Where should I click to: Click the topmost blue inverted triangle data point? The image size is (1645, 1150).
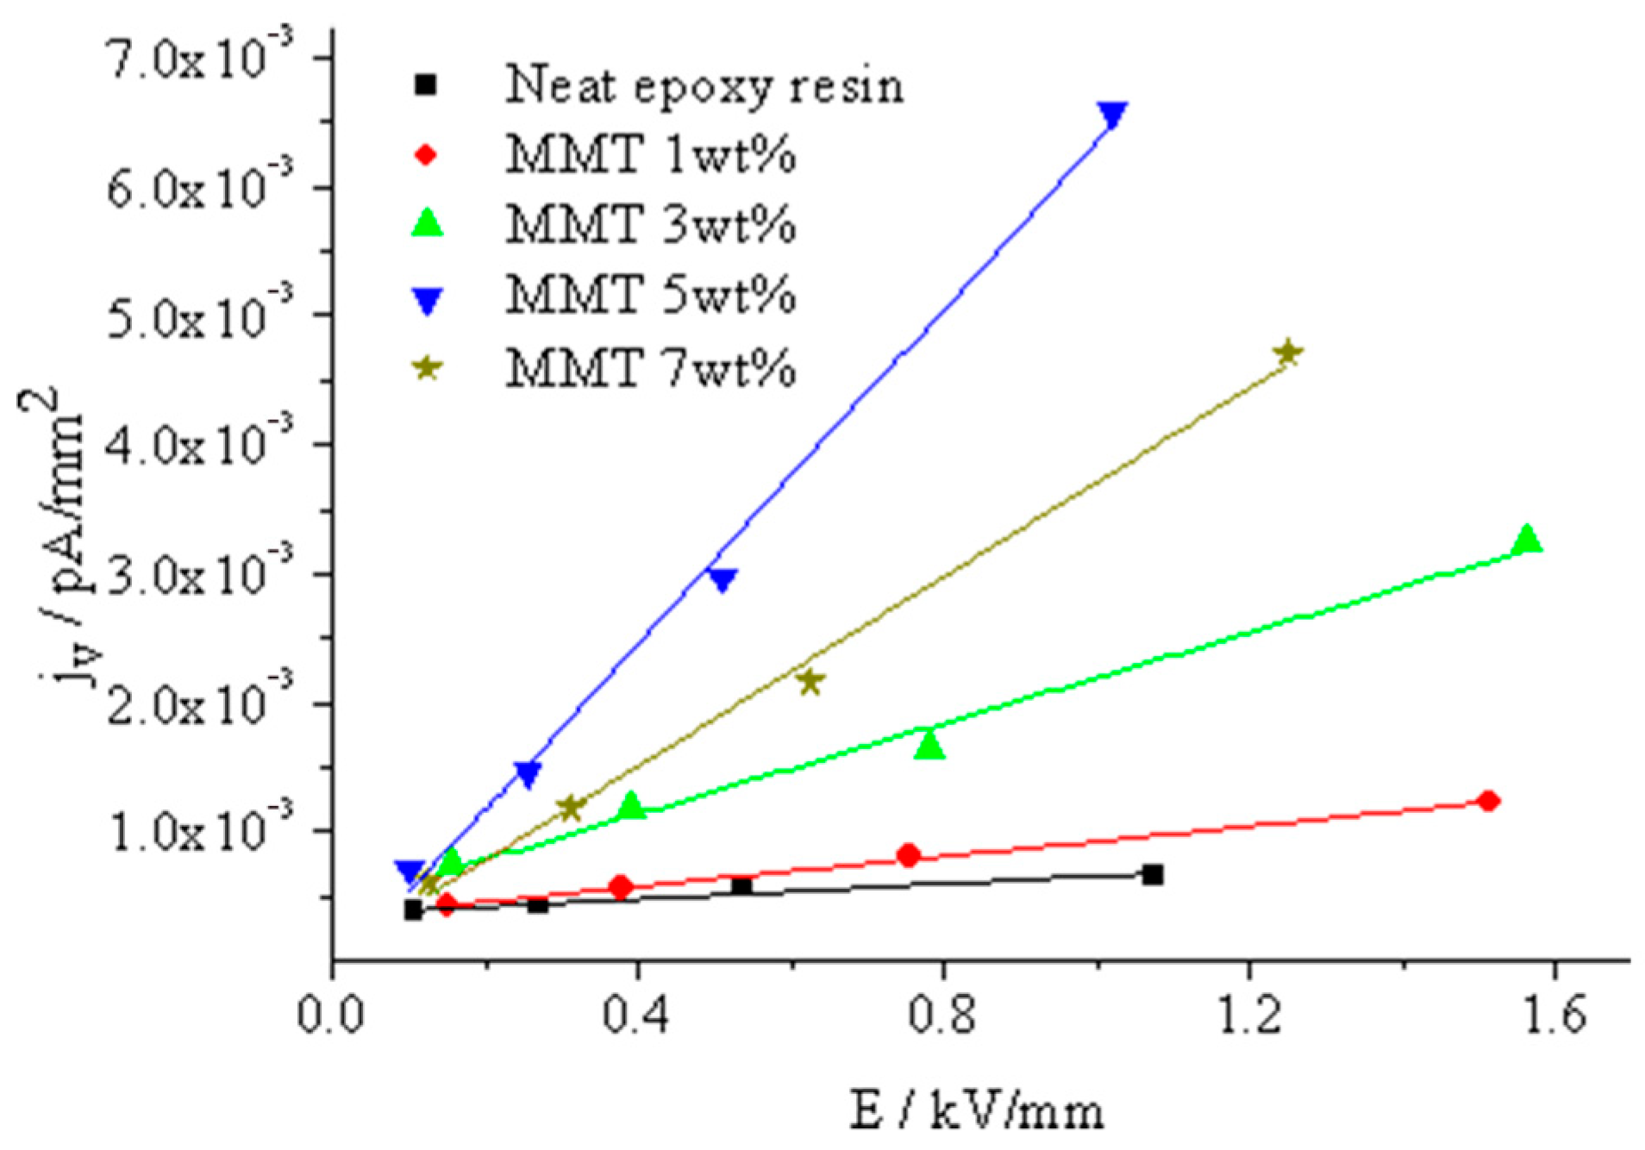click(1113, 114)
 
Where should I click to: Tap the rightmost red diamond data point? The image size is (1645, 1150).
click(1488, 801)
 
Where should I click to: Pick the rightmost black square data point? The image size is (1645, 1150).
click(1153, 875)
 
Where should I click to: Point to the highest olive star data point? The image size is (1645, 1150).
click(1287, 353)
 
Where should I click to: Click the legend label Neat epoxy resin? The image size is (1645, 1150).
click(704, 85)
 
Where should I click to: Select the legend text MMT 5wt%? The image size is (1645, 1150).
click(650, 296)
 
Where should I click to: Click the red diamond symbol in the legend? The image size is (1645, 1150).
click(427, 155)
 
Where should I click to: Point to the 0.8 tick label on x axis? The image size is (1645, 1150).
click(941, 1015)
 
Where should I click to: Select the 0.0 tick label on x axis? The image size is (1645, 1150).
click(331, 1015)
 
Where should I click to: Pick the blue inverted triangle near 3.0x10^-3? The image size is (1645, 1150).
click(722, 578)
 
